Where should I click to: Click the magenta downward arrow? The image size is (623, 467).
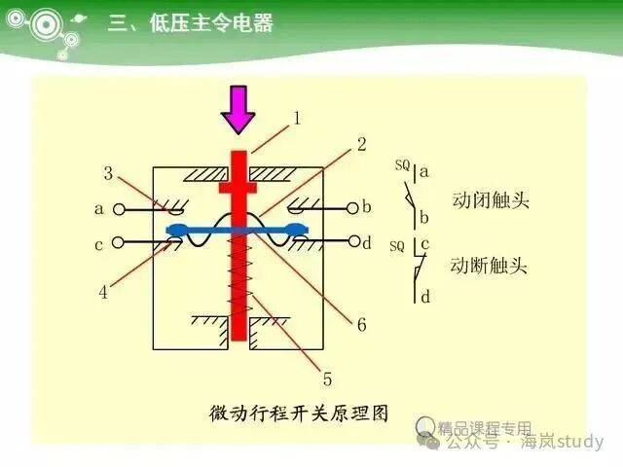point(238,110)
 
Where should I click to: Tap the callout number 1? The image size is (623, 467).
point(297,118)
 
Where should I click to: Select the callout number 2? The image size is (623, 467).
point(361,145)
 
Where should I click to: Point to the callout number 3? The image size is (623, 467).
point(108,173)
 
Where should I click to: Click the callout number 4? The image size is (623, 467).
point(103,292)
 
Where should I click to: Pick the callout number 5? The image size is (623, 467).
point(327,378)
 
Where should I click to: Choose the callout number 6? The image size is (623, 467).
point(361,325)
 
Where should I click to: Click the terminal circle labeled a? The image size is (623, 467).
point(119,209)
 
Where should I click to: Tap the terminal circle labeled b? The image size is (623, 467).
point(352,208)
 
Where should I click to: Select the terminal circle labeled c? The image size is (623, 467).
point(118,242)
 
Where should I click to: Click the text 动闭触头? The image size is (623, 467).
point(491,199)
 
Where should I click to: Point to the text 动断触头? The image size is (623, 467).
point(489,266)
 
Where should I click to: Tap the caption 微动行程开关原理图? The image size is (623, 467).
point(299,413)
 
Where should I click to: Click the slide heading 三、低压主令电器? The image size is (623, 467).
point(191,22)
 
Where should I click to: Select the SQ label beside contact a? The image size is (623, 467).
point(402,165)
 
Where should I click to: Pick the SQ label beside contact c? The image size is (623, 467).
point(397,246)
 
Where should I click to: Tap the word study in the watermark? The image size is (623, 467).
point(580,441)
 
